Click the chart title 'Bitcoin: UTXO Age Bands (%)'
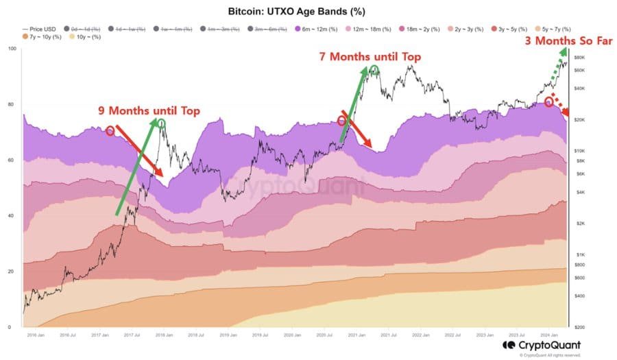click(308, 13)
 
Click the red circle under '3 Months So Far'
click(549, 101)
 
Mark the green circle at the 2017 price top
click(160, 123)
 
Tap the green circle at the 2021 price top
click(374, 70)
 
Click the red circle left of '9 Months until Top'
click(110, 130)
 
